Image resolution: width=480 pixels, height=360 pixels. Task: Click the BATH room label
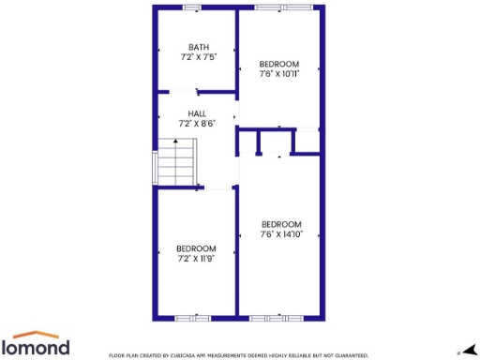(198, 47)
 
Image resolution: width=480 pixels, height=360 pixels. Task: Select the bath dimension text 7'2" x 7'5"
(198, 57)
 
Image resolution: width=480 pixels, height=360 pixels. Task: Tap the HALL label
(197, 112)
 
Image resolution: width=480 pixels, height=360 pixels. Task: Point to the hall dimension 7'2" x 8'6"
(197, 123)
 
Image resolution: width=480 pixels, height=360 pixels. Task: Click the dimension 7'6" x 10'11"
(280, 73)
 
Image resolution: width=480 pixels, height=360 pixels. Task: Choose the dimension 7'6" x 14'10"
(281, 233)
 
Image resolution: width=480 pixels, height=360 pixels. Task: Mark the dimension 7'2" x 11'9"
(197, 258)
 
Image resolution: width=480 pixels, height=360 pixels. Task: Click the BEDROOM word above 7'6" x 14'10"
(281, 223)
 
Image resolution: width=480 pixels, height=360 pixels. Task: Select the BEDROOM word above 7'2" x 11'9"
(197, 247)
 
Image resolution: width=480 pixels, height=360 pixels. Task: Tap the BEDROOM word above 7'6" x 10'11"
(280, 63)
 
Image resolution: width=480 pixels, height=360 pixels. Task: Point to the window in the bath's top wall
(191, 7)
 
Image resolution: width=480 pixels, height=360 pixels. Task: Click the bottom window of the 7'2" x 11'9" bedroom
(194, 319)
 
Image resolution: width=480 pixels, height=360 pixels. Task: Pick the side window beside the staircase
(154, 166)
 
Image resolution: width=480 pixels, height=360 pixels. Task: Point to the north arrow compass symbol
(469, 349)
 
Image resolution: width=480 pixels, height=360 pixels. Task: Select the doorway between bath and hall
(199, 92)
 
